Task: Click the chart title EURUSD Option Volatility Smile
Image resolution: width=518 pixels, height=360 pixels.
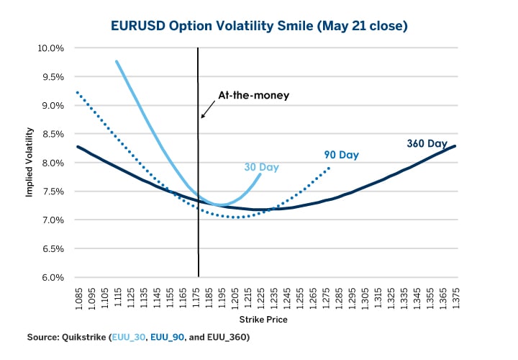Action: pos(259,27)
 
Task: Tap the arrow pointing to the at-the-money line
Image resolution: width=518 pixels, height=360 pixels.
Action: pos(208,109)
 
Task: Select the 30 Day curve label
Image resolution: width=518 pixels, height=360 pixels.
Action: pos(260,168)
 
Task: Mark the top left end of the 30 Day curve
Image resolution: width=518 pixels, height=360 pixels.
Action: pos(117,62)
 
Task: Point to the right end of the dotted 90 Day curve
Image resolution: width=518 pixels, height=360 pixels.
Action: pos(330,167)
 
